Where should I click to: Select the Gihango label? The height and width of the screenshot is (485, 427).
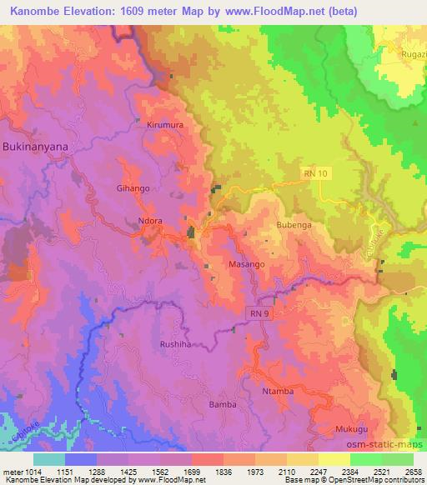133,188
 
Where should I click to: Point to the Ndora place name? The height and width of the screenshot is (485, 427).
150,222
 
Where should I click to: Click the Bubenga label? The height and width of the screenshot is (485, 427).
293,226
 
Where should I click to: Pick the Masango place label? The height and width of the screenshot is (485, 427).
247,263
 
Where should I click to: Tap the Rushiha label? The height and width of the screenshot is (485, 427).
176,343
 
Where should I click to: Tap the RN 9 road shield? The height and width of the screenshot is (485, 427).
257,312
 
